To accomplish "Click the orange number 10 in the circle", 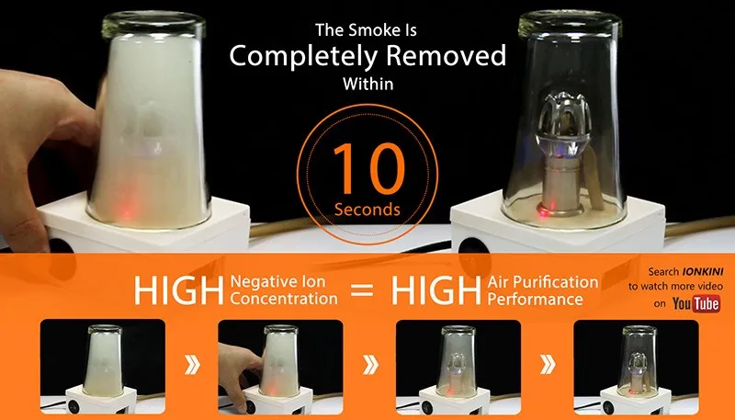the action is tap(369, 169).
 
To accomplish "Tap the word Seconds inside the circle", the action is tap(367, 210).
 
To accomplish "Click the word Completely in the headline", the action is tap(303, 57).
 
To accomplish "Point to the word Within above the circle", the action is tap(368, 84).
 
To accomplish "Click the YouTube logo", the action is tap(696, 304).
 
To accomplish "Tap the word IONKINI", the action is tap(702, 271).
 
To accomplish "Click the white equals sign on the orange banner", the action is tap(362, 290).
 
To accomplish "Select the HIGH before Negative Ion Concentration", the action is tap(178, 290).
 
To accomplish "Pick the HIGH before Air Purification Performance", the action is tap(435, 290).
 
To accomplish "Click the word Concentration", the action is tap(284, 299).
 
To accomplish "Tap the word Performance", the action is tap(536, 299).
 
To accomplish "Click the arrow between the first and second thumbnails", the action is tap(192, 364).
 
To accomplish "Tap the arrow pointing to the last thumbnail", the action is tap(548, 364).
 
